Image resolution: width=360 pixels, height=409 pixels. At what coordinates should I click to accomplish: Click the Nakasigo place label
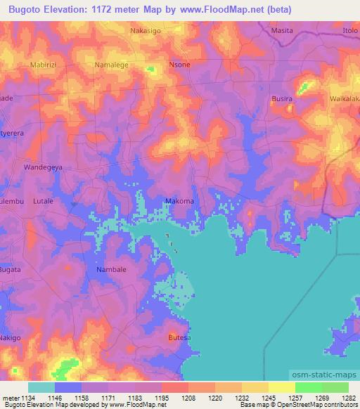[x=147, y=32]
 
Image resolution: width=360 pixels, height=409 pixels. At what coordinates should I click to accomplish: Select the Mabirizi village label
[x=43, y=65]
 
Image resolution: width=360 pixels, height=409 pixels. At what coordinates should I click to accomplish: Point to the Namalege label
[x=110, y=65]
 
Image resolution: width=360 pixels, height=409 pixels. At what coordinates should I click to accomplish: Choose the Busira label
[x=282, y=100]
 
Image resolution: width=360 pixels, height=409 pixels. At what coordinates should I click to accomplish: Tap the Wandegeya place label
[x=43, y=169]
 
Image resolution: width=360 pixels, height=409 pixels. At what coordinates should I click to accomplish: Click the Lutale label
[x=44, y=201]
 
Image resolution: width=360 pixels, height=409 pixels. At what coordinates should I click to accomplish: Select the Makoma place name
[x=179, y=201]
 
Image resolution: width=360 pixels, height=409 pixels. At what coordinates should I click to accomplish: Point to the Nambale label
[x=110, y=269]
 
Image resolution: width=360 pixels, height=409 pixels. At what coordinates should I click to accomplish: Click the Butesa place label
[x=179, y=338]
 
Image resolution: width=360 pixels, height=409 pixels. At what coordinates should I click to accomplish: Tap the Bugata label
[x=10, y=269]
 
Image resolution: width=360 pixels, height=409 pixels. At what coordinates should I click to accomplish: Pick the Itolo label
[x=350, y=31]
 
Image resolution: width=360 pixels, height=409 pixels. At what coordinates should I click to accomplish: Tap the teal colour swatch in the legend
[x=41, y=387]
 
